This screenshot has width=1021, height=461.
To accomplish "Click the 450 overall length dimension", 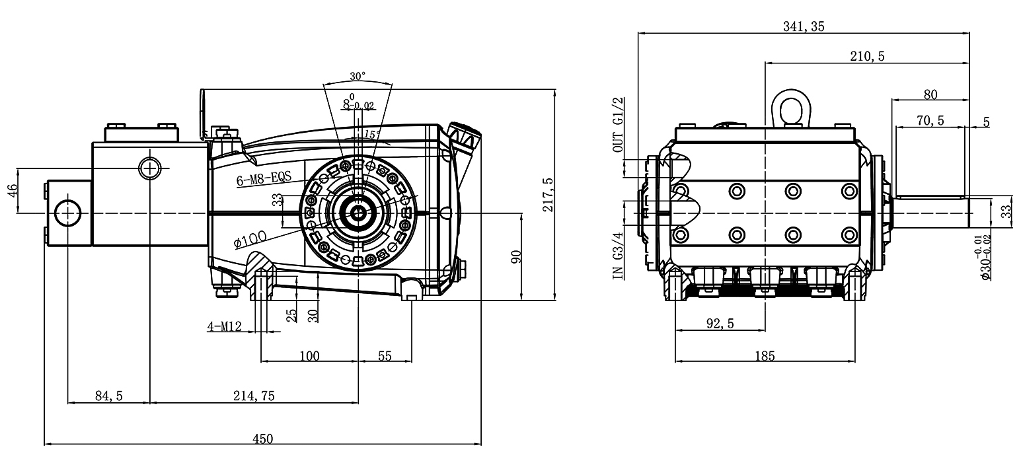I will tap(262, 439).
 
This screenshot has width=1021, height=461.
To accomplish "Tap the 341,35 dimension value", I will tap(803, 26).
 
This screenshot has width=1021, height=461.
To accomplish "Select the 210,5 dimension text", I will tap(867, 56).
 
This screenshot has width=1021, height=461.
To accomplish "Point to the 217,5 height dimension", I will tap(548, 195).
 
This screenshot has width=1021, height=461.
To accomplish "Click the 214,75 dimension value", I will tap(254, 396).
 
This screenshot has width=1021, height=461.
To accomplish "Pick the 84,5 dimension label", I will tap(110, 396).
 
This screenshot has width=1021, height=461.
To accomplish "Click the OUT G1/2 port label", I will tap(619, 125).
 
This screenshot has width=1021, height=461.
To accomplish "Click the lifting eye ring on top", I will tap(791, 106).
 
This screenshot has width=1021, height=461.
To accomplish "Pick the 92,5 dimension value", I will tap(720, 323).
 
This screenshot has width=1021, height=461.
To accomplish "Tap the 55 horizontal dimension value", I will tap(385, 356).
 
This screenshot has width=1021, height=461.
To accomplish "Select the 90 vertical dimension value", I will tap(517, 257).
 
